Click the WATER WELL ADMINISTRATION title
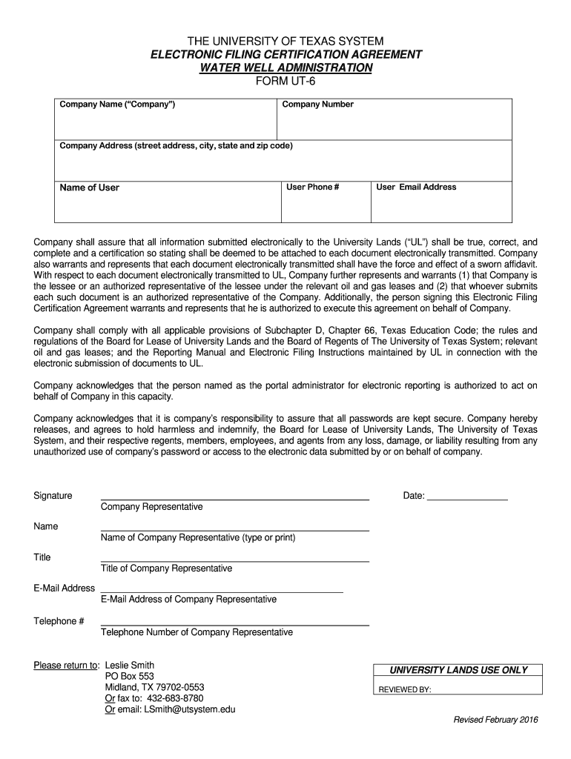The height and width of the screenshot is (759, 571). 285,67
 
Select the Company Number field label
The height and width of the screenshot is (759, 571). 317,105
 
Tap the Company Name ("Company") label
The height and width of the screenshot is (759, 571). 117,105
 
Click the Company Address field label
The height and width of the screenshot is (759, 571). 176,146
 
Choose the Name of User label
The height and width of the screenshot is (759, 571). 89,188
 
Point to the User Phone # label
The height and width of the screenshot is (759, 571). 312,187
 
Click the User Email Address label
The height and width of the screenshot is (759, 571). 416,187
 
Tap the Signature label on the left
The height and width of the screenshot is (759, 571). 53,495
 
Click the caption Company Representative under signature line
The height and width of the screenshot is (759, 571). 151,507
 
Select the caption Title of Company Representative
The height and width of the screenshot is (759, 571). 166,569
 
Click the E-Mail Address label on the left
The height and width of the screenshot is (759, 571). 64,588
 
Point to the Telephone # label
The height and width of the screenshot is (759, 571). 59,620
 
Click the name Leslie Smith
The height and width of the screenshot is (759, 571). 130,665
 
